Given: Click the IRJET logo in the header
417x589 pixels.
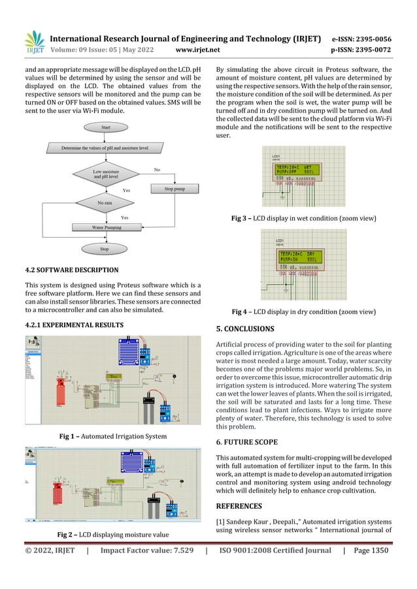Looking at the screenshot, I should coord(35,40).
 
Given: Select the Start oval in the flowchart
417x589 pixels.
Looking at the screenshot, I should coord(105,128).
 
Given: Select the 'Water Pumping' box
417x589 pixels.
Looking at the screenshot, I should coord(105,228).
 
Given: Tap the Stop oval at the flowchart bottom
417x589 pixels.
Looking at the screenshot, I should coord(105,249).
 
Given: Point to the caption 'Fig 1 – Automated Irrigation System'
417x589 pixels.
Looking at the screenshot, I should coord(112,436).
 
